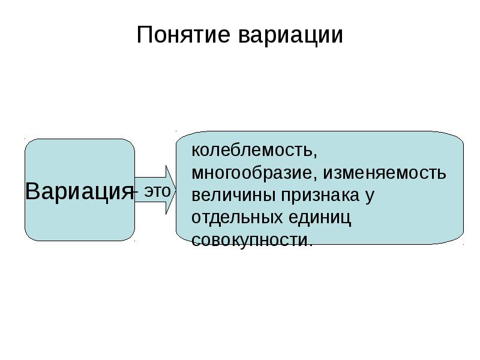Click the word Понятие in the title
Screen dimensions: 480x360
(x=183, y=34)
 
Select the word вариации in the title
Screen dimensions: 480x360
(x=290, y=35)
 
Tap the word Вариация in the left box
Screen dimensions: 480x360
(x=79, y=191)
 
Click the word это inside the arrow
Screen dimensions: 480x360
(x=157, y=191)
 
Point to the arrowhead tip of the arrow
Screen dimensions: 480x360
(x=176, y=190)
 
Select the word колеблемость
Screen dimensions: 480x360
(x=251, y=150)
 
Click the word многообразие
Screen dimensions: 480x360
(x=251, y=173)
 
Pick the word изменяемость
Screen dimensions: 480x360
(x=385, y=173)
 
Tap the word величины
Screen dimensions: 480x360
(x=233, y=196)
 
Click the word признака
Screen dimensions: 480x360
(x=320, y=196)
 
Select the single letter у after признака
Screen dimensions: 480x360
(x=370, y=197)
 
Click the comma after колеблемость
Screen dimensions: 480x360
(x=314, y=155)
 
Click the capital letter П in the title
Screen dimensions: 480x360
(x=144, y=35)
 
